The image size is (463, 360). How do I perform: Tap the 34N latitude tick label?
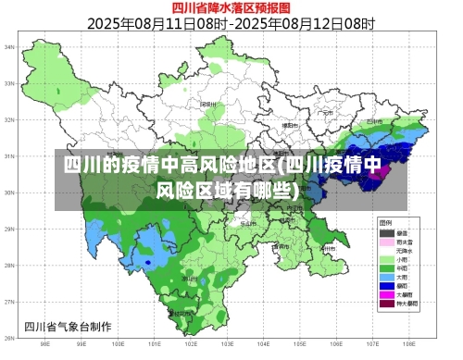(9, 45)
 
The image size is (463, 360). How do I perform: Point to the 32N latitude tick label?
(9, 118)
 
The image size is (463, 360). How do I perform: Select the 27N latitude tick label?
(9, 302)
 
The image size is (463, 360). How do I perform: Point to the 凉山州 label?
(189, 278)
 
